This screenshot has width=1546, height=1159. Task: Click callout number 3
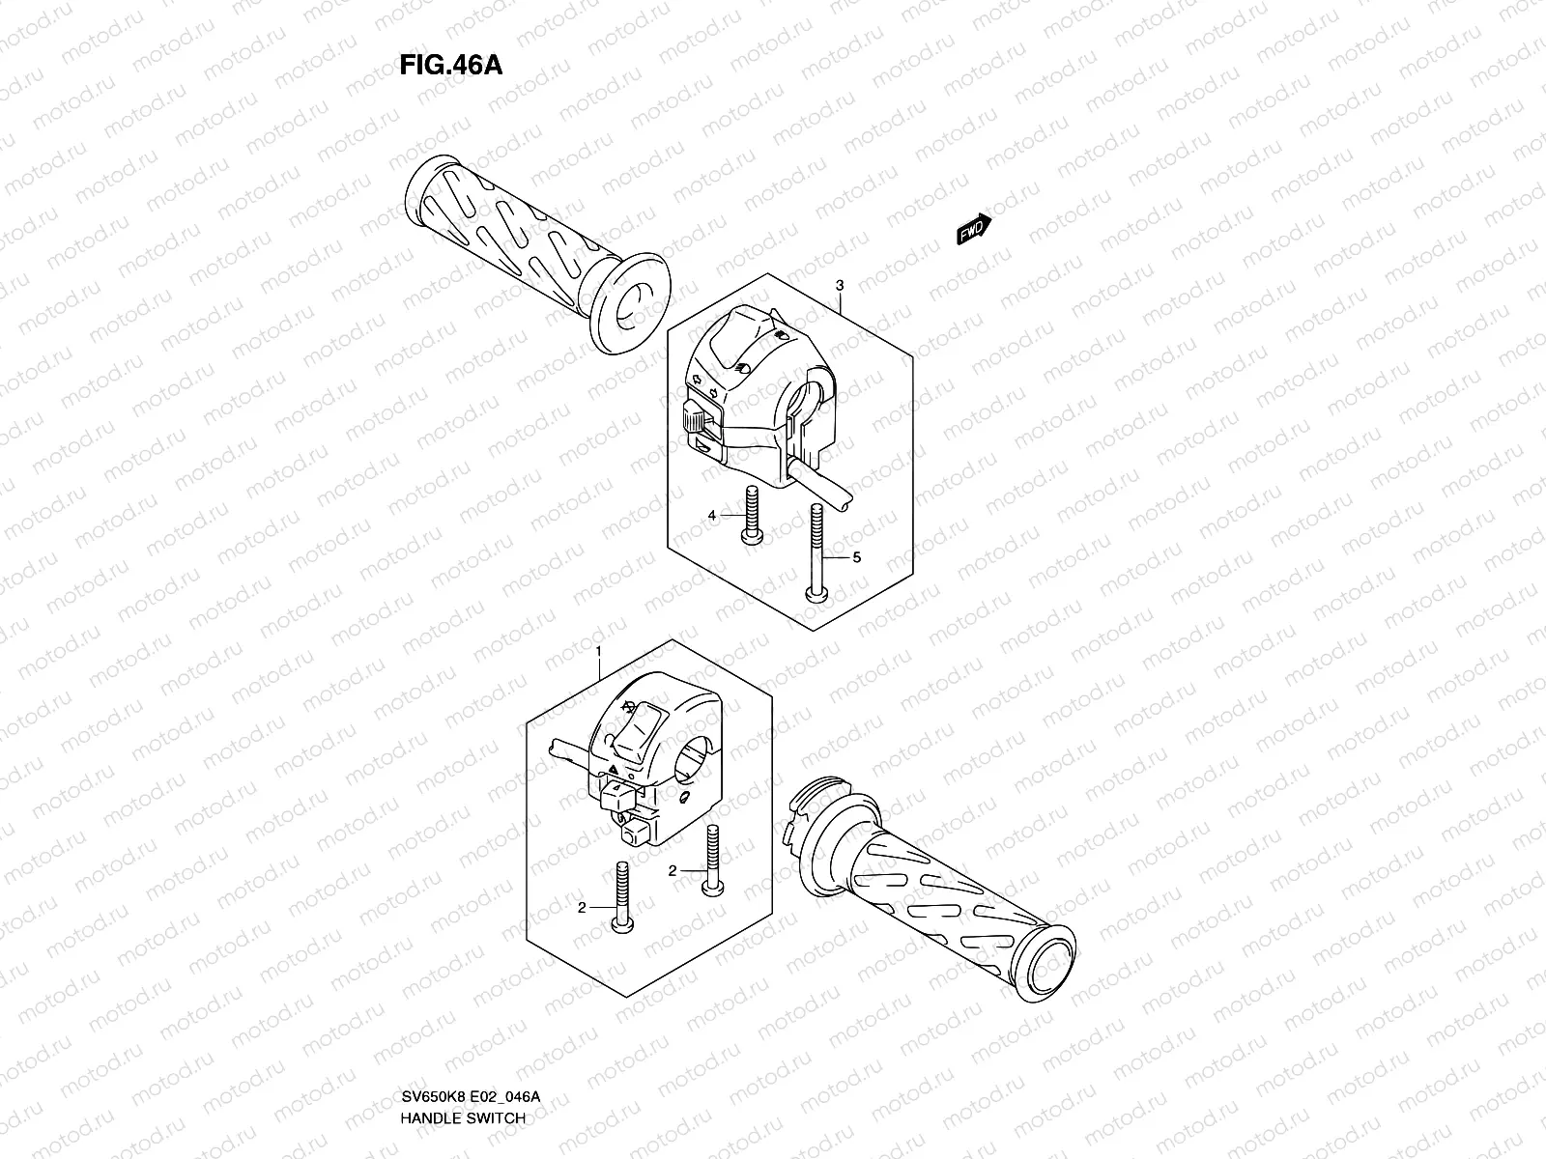pyautogui.click(x=840, y=286)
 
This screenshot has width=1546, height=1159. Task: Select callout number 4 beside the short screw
pyautogui.click(x=712, y=516)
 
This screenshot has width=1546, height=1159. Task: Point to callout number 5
pyautogui.click(x=855, y=557)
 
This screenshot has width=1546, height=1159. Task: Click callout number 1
pyautogui.click(x=598, y=652)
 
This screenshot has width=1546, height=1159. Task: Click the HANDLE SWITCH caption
pyautogui.click(x=463, y=1036)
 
